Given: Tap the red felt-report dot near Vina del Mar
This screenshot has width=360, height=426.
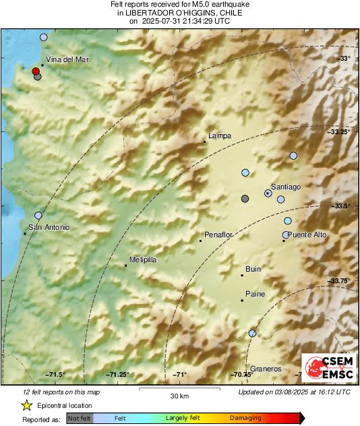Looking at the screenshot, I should tap(36, 70).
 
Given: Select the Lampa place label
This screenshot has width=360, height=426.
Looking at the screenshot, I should tap(220, 135).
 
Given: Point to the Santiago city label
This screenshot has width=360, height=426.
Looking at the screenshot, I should tap(285, 186).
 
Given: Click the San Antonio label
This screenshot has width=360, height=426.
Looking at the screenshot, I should tap(49, 227).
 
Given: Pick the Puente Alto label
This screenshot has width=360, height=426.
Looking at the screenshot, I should tap(307, 235).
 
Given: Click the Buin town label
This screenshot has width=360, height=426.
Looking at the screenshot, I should tap(253, 269).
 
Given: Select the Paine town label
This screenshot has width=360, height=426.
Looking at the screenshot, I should tap(255, 294).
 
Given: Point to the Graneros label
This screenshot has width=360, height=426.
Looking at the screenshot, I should tap(265, 369).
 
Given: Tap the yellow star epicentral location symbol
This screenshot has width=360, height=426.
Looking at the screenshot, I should tap(26, 406).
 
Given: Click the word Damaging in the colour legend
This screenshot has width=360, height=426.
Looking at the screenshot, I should tap(245, 418).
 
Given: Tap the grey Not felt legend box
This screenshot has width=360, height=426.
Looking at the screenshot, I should tap(80, 419).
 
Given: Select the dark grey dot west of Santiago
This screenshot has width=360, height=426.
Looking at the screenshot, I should tap(245, 198).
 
